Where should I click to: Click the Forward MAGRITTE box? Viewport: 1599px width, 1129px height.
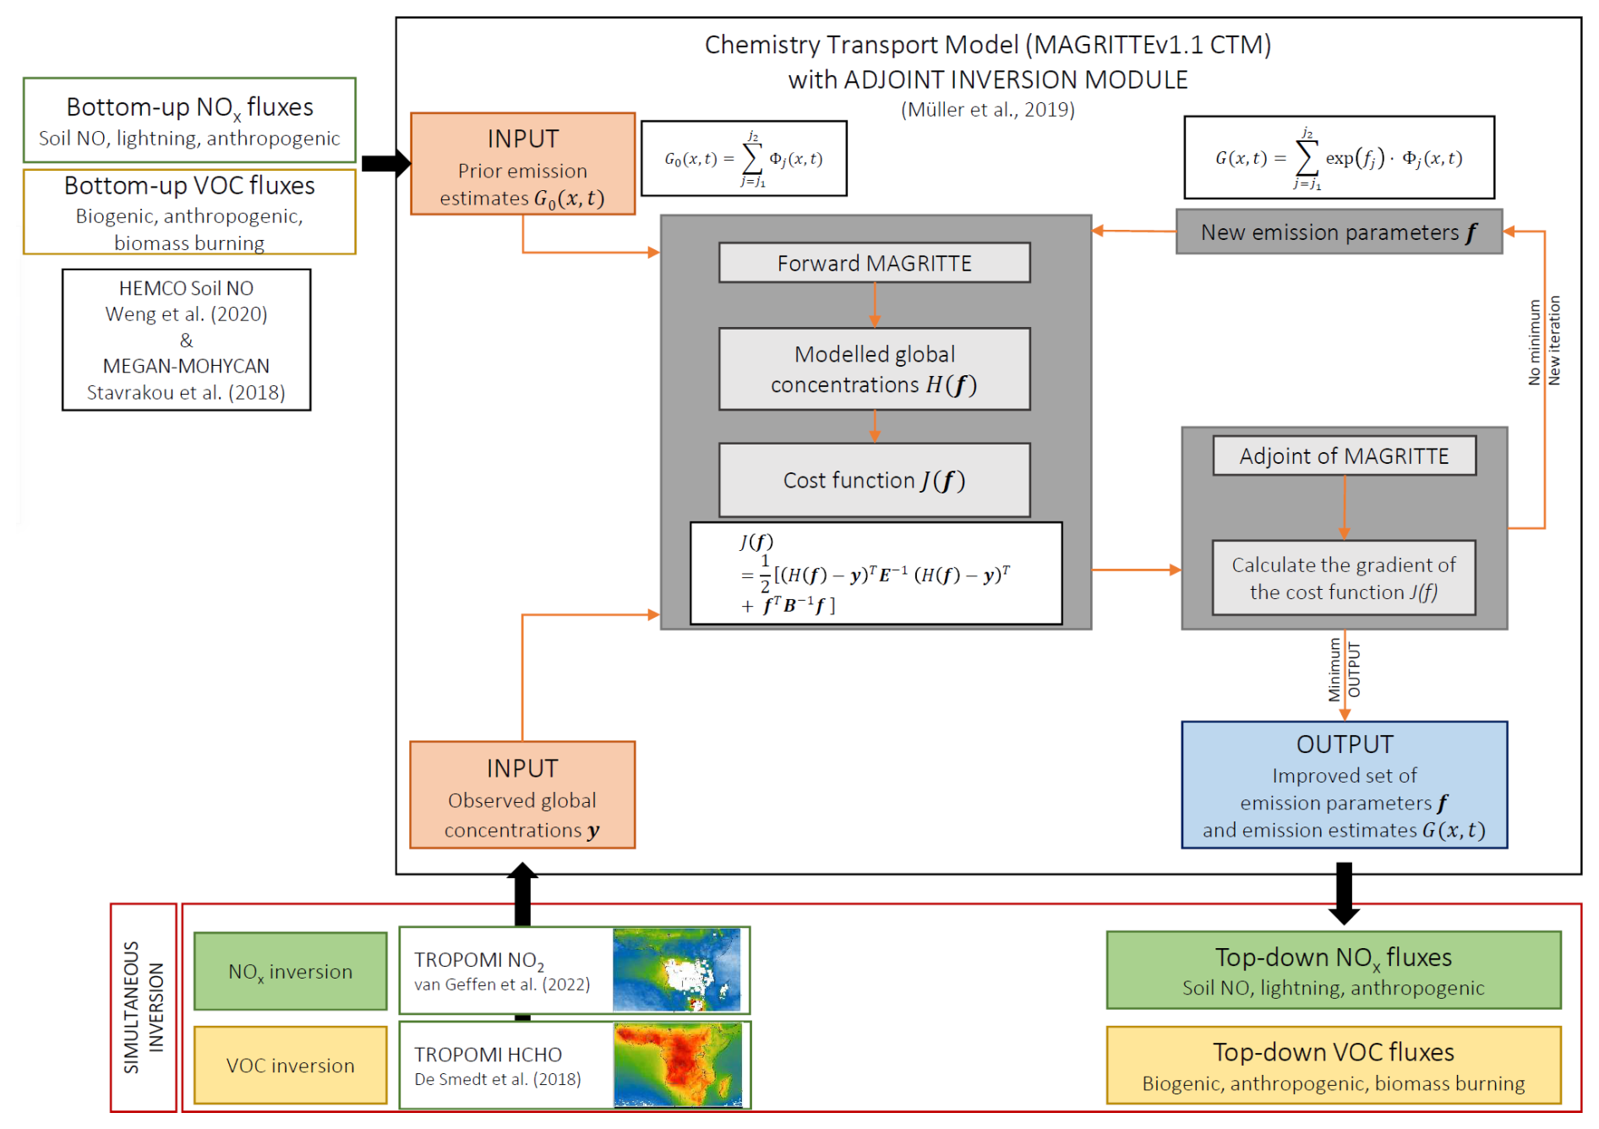[874, 263]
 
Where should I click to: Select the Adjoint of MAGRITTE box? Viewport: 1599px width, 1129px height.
[1344, 456]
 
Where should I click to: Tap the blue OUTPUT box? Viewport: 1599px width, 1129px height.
[1344, 785]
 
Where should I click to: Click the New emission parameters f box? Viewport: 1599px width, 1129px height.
[1339, 232]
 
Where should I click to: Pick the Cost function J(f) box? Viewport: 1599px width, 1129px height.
[874, 480]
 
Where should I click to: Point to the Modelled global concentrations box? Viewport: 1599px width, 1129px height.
[874, 369]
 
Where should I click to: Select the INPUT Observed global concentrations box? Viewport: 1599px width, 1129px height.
[522, 795]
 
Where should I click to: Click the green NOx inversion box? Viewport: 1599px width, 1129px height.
[290, 972]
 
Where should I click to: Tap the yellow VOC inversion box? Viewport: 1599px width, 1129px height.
[290, 1066]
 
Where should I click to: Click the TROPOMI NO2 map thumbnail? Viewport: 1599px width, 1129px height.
[677, 970]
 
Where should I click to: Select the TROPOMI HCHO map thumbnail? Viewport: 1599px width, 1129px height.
[678, 1065]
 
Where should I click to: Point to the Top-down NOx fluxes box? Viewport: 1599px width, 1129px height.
[1333, 970]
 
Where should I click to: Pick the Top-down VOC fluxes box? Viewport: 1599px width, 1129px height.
[1333, 1065]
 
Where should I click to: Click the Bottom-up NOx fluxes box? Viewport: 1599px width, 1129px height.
[189, 120]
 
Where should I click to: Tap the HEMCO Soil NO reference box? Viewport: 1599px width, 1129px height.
[186, 340]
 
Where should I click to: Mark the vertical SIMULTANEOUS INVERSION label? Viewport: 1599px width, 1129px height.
[143, 1007]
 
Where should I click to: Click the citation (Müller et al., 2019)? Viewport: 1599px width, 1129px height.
[987, 110]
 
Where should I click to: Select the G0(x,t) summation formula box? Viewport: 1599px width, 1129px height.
[744, 159]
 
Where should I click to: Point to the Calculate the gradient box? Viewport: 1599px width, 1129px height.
[1344, 578]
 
